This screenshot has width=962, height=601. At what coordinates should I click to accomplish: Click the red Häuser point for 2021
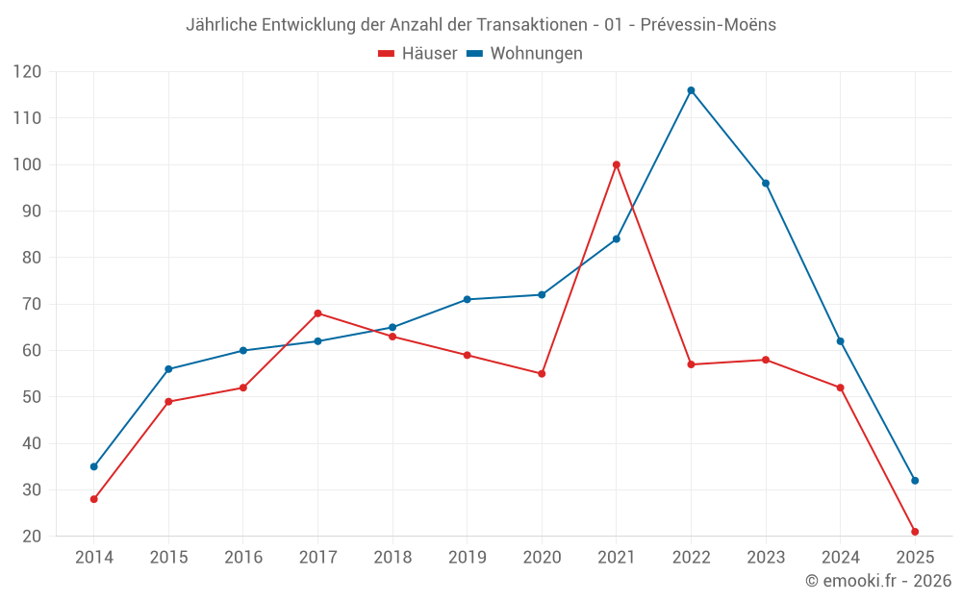[x=617, y=164]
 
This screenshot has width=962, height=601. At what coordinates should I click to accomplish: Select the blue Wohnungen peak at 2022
[x=691, y=90]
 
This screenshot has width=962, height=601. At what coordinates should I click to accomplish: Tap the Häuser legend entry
[x=418, y=54]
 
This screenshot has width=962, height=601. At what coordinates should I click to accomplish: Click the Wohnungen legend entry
[x=525, y=54]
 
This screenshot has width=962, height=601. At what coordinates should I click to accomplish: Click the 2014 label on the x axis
[x=93, y=558]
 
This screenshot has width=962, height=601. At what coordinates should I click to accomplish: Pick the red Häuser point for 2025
[x=915, y=532]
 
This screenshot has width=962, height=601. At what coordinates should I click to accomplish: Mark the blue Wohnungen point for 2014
[x=93, y=466]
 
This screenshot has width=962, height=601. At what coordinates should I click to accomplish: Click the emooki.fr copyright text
[x=878, y=581]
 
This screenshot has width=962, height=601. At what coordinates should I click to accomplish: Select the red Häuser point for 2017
[x=317, y=313]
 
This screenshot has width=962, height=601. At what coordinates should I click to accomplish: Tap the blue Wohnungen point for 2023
[x=766, y=183]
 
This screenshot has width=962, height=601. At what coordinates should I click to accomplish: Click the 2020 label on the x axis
[x=542, y=558]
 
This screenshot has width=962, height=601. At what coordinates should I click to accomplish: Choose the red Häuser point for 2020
[x=542, y=373]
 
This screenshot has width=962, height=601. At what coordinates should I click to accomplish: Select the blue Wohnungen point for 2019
[x=468, y=299]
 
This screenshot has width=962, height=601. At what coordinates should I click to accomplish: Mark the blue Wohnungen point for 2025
[x=915, y=481]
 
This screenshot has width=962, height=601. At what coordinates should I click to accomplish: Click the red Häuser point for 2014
[x=93, y=499]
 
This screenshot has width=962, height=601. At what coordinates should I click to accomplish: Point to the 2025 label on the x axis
[x=915, y=558]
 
